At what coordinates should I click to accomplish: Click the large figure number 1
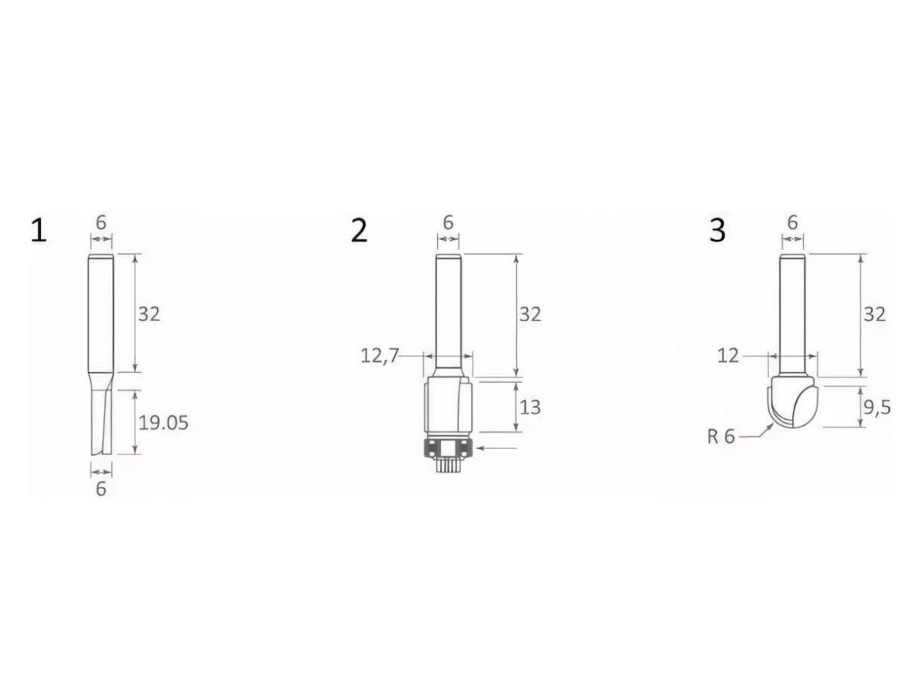[x=39, y=231]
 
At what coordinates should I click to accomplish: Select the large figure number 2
[x=359, y=231]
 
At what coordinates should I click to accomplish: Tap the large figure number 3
[x=717, y=231]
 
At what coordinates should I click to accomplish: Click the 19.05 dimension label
[x=163, y=423]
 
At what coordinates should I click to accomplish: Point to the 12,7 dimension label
[x=380, y=356]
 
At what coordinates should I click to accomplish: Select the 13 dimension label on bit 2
[x=530, y=408]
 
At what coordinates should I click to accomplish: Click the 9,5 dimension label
[x=877, y=408]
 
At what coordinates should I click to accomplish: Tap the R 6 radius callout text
[x=721, y=437]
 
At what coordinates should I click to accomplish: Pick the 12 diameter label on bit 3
[x=728, y=356]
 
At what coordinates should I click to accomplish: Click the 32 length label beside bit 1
[x=149, y=314]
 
